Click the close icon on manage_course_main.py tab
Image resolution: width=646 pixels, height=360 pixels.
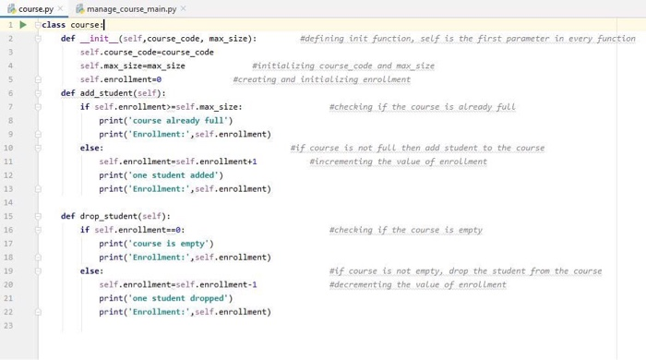tap(184, 8)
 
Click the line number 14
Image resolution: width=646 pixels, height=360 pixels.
tap(7, 202)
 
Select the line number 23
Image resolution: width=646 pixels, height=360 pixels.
tap(7, 325)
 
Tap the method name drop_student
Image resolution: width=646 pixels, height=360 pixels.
tap(110, 216)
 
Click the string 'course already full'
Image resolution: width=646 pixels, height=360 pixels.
tap(170, 121)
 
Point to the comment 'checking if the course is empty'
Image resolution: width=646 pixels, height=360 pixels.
tap(405, 230)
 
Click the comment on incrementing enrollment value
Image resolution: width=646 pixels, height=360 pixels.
tap(398, 162)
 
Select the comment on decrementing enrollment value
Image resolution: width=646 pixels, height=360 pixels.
tap(417, 284)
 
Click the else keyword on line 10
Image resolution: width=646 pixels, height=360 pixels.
tap(90, 148)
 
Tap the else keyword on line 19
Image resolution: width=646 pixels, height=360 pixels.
tap(90, 271)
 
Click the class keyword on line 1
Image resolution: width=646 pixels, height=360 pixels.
tap(54, 25)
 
